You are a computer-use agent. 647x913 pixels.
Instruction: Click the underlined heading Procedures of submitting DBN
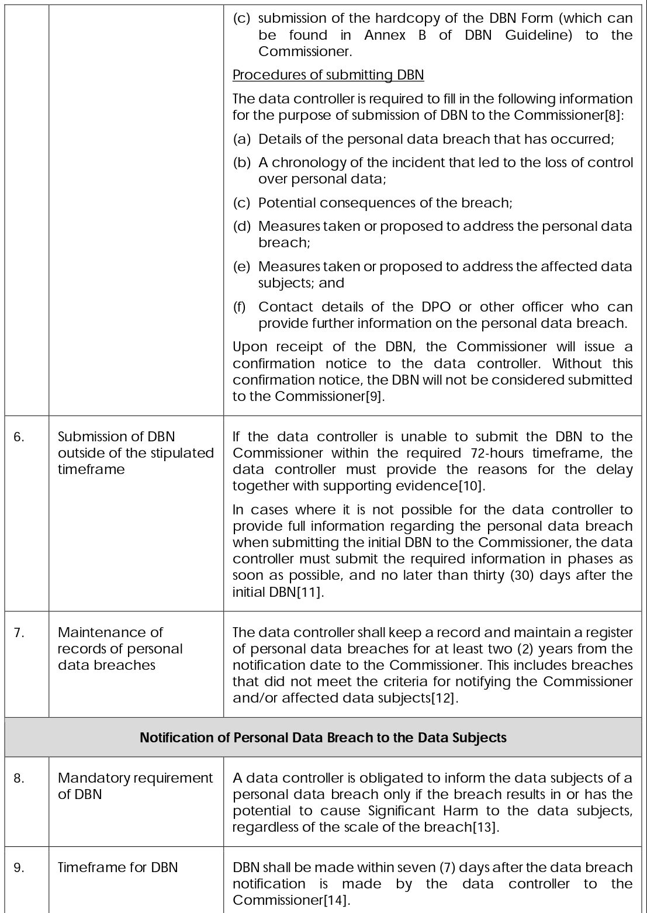(328, 75)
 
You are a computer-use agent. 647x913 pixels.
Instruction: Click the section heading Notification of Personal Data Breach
(323, 738)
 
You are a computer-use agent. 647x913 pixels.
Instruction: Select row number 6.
(19, 437)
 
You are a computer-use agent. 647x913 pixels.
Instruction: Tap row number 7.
(19, 632)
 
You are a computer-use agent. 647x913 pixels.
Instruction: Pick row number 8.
(19, 778)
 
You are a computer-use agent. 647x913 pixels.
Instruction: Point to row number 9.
(19, 867)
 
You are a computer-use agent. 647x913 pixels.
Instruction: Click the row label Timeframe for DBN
(117, 867)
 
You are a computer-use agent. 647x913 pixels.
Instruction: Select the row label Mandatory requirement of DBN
(135, 786)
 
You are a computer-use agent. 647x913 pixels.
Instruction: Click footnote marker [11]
(309, 592)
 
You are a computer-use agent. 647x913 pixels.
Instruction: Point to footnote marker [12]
(442, 698)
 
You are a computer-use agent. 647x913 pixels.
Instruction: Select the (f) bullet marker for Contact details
(240, 307)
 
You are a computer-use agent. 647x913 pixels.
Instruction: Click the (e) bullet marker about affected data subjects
(241, 267)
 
